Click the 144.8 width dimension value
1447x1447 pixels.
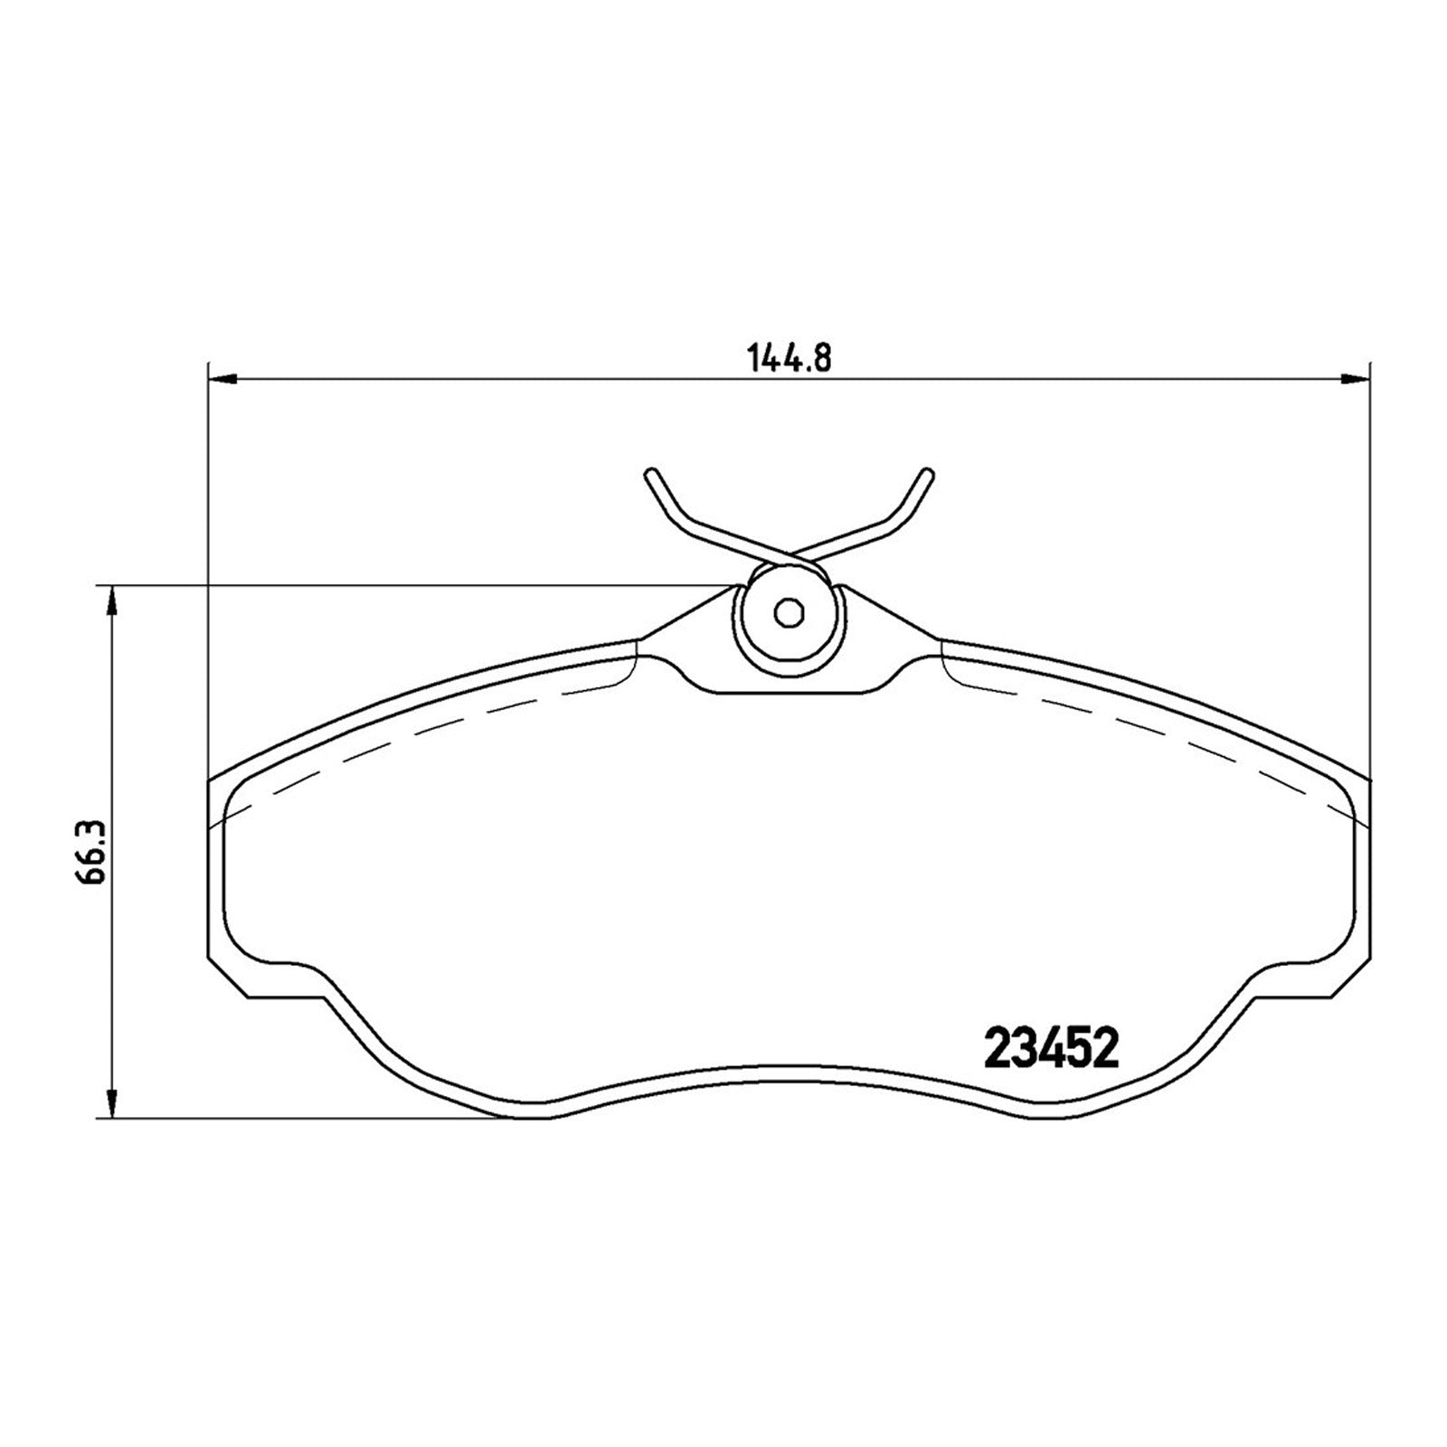coord(789,359)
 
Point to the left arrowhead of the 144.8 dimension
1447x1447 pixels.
coord(222,379)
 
